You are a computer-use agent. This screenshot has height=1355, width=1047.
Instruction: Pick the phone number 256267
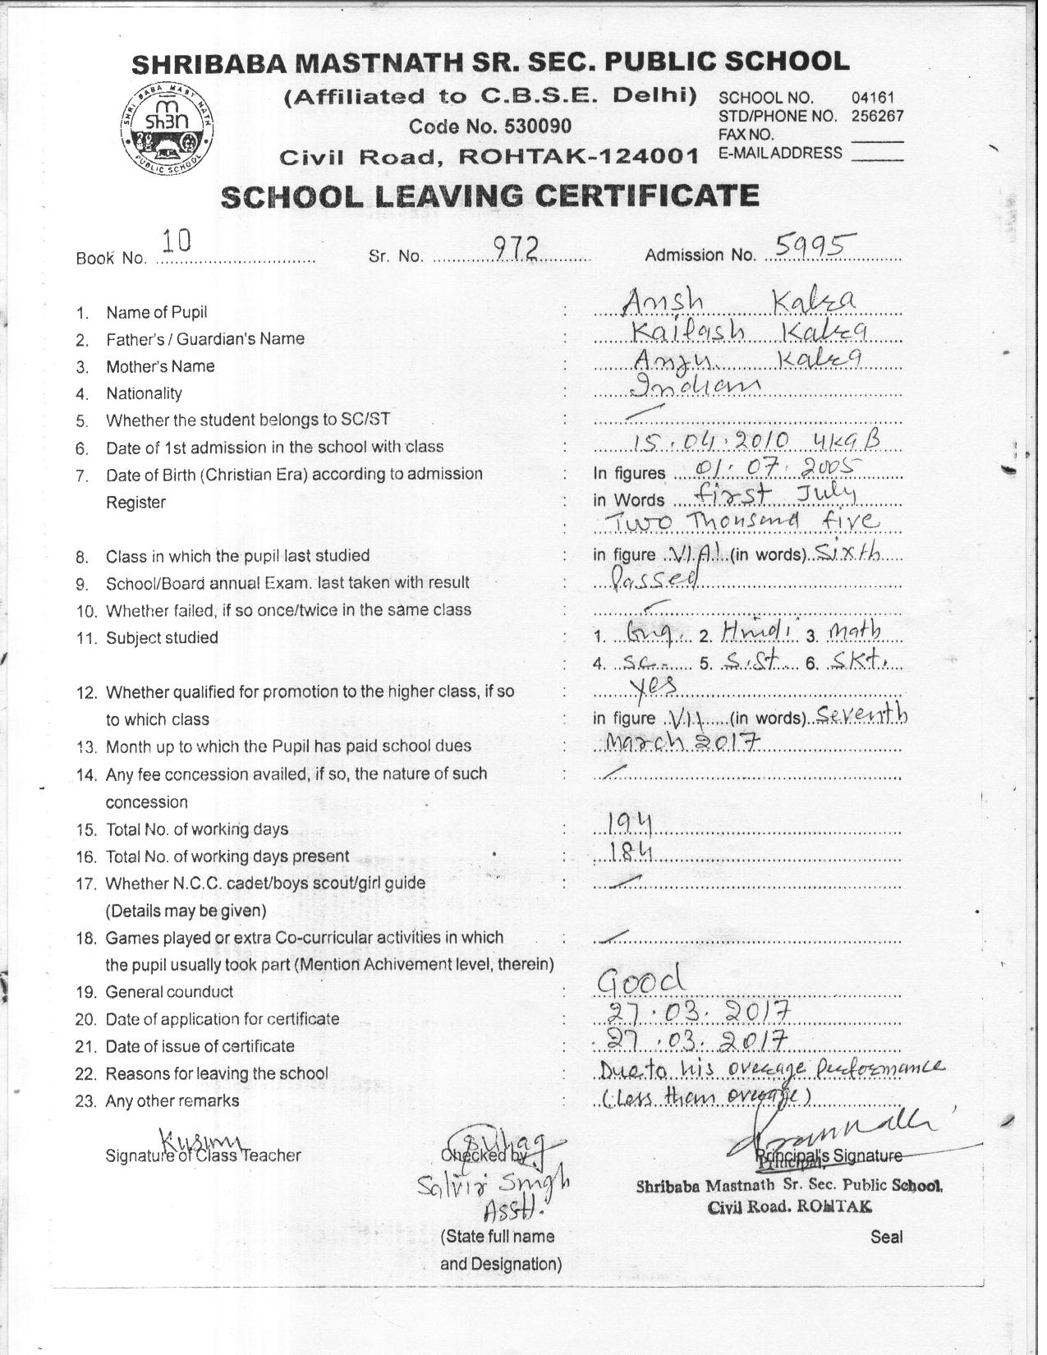(x=877, y=116)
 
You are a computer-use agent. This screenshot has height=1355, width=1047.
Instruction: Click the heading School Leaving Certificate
(x=490, y=196)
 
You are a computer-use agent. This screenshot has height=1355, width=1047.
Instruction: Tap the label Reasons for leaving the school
(x=217, y=1073)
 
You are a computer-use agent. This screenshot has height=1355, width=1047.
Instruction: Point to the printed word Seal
(x=887, y=1237)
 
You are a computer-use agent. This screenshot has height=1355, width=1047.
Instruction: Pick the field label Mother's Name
(x=160, y=366)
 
